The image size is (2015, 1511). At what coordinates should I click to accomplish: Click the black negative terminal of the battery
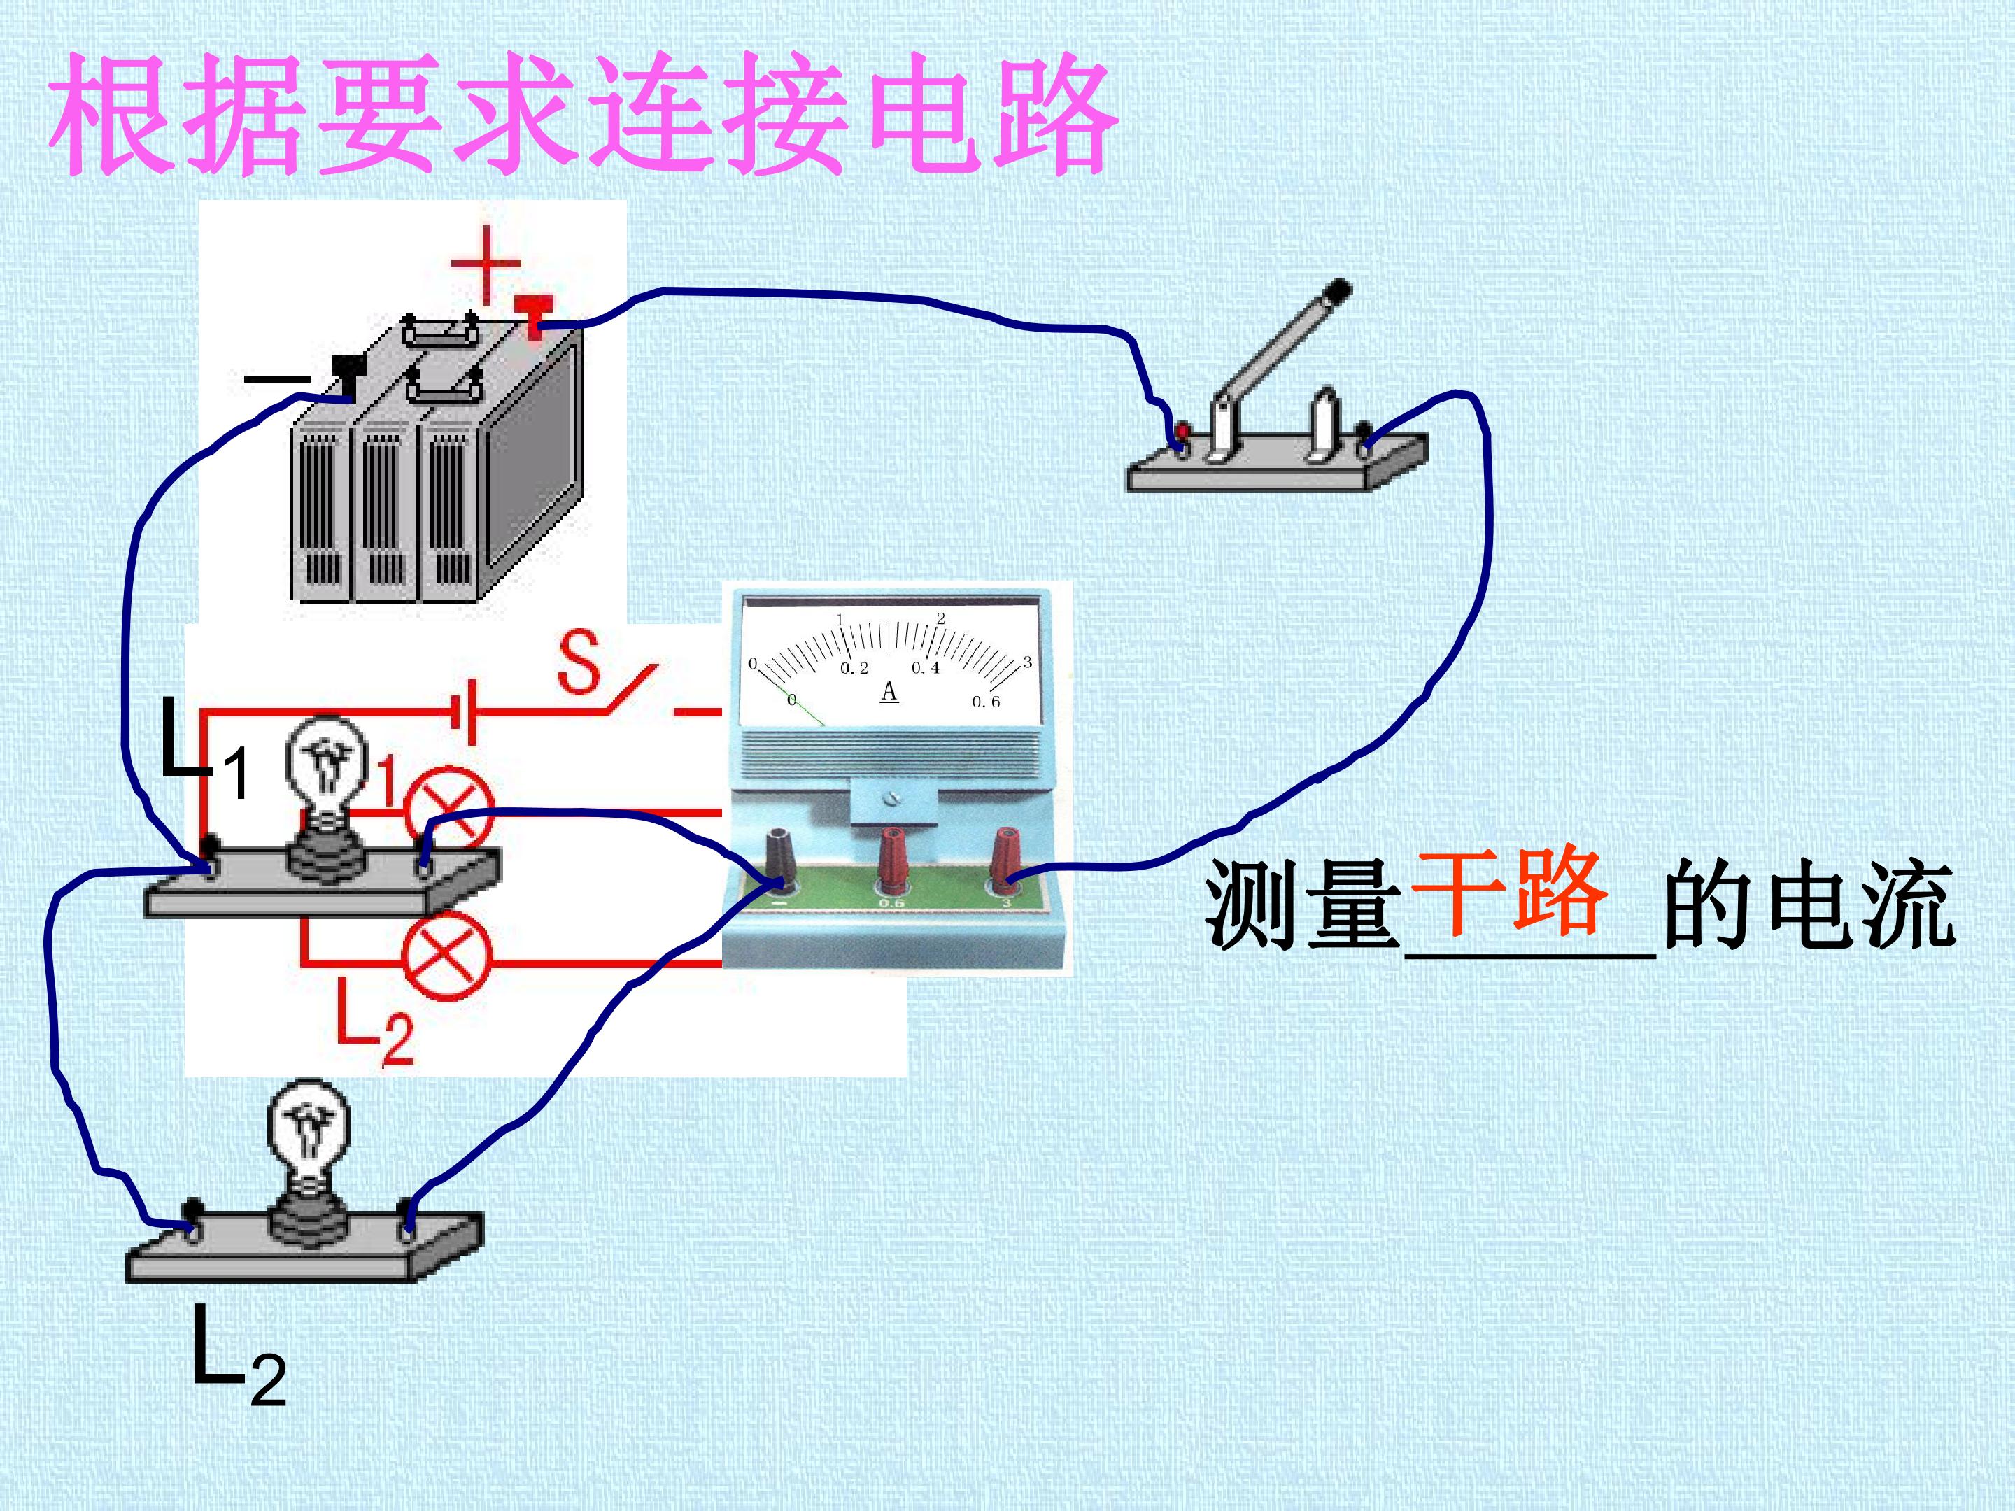click(x=348, y=374)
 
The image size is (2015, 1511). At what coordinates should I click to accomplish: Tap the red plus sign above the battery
click(x=486, y=264)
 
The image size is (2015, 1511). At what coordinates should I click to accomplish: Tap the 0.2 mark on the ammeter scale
click(x=854, y=667)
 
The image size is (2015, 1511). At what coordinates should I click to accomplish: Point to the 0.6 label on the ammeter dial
click(x=986, y=702)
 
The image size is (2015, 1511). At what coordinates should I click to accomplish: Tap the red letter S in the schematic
click(x=580, y=662)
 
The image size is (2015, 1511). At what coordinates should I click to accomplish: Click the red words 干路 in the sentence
click(x=1508, y=892)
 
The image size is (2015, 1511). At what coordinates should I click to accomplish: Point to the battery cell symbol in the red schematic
click(x=465, y=711)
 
